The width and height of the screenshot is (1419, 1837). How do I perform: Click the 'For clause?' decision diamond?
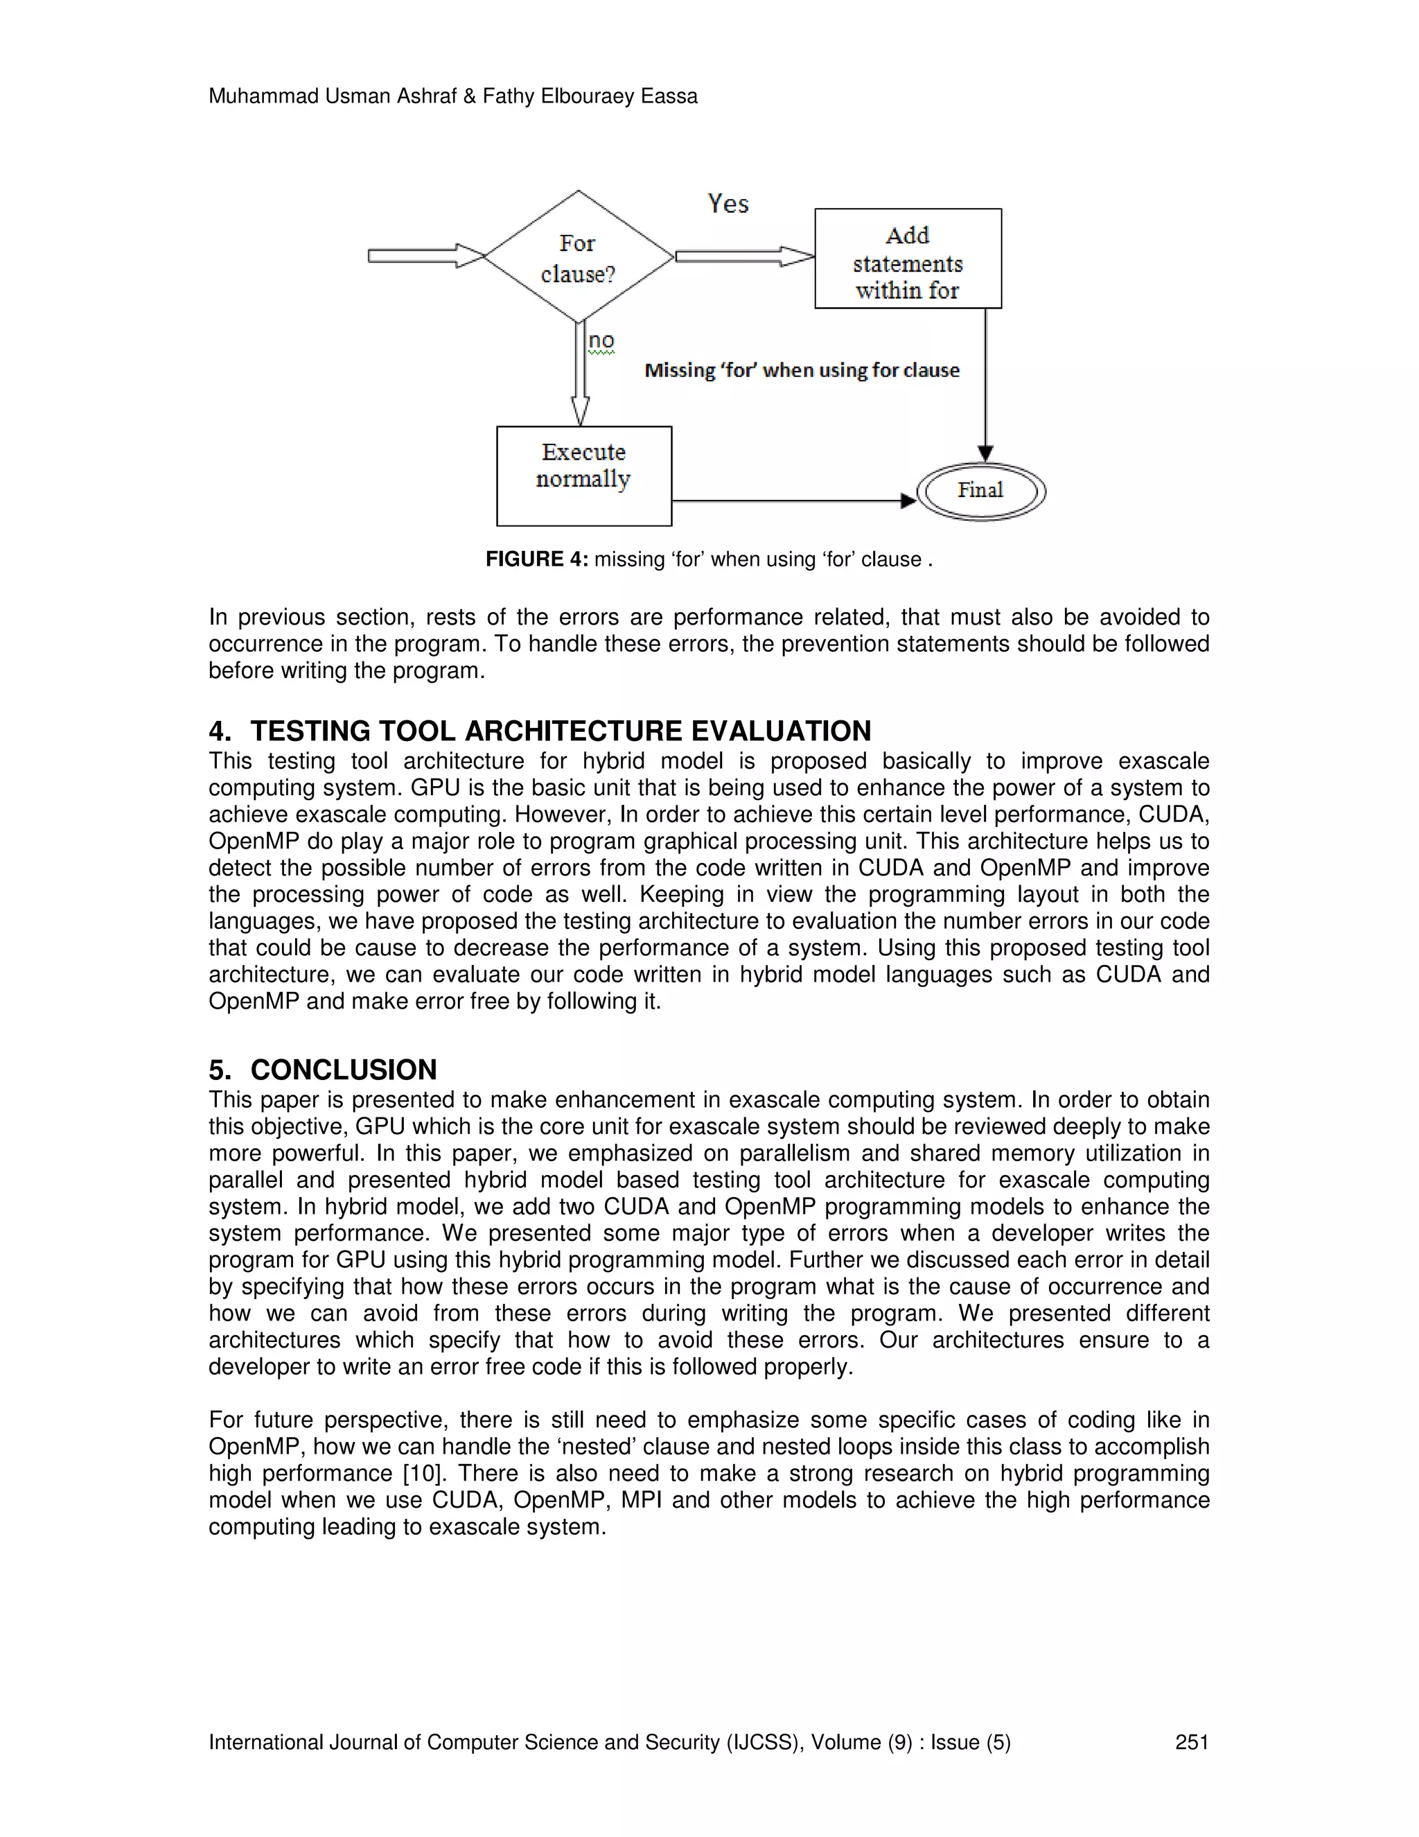579,257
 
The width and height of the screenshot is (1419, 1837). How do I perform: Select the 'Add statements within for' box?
908,259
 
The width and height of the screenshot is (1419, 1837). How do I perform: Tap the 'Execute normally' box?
584,476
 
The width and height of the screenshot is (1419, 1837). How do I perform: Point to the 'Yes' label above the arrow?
728,204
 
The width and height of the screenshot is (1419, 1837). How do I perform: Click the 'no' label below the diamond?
601,340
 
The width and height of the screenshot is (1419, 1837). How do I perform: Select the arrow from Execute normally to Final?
790,501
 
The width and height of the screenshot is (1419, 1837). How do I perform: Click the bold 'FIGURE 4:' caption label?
536,559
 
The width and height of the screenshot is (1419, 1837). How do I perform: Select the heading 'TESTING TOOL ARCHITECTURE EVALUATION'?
561,731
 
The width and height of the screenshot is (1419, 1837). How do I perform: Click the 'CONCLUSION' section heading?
343,1070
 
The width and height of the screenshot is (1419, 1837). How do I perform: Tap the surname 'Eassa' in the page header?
669,97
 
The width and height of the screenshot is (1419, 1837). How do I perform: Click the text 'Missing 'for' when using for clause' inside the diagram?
802,370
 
